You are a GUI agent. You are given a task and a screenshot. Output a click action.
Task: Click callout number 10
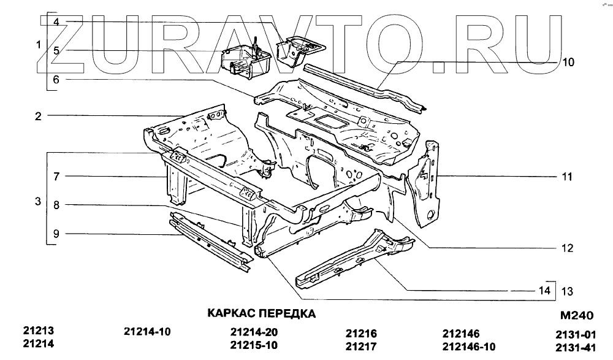tap(568, 62)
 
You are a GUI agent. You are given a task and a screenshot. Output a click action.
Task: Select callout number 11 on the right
tap(567, 177)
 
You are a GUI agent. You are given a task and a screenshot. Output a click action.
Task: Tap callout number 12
tap(567, 248)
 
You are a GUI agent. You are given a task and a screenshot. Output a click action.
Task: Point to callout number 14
tap(544, 291)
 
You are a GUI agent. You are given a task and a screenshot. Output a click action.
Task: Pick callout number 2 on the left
tap(38, 116)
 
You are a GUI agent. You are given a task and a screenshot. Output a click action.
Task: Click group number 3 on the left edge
tap(38, 201)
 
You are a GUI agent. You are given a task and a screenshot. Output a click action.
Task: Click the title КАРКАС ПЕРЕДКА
tap(262, 314)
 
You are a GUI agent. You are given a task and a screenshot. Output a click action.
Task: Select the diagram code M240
tap(577, 316)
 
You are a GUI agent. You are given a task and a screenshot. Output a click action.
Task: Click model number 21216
tap(361, 334)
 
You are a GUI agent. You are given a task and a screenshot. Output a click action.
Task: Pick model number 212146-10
tap(468, 347)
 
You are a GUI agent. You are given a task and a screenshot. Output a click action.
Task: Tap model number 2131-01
tap(576, 335)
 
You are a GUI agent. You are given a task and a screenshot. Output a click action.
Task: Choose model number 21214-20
tap(254, 332)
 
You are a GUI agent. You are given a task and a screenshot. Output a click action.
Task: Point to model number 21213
tap(39, 330)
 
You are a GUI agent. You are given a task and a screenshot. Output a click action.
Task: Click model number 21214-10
tap(147, 332)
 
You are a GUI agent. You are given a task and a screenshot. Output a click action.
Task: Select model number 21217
tap(361, 347)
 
